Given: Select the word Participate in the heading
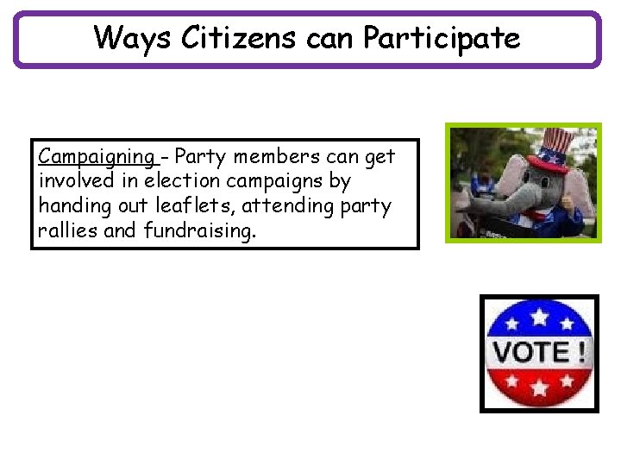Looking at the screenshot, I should click(x=442, y=39).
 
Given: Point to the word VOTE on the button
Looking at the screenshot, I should click(x=530, y=351).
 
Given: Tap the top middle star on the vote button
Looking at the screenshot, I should click(x=539, y=317).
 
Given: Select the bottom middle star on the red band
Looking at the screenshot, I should click(x=539, y=387).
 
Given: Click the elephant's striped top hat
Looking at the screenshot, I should click(x=553, y=148).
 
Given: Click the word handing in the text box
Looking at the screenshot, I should click(x=70, y=206).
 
